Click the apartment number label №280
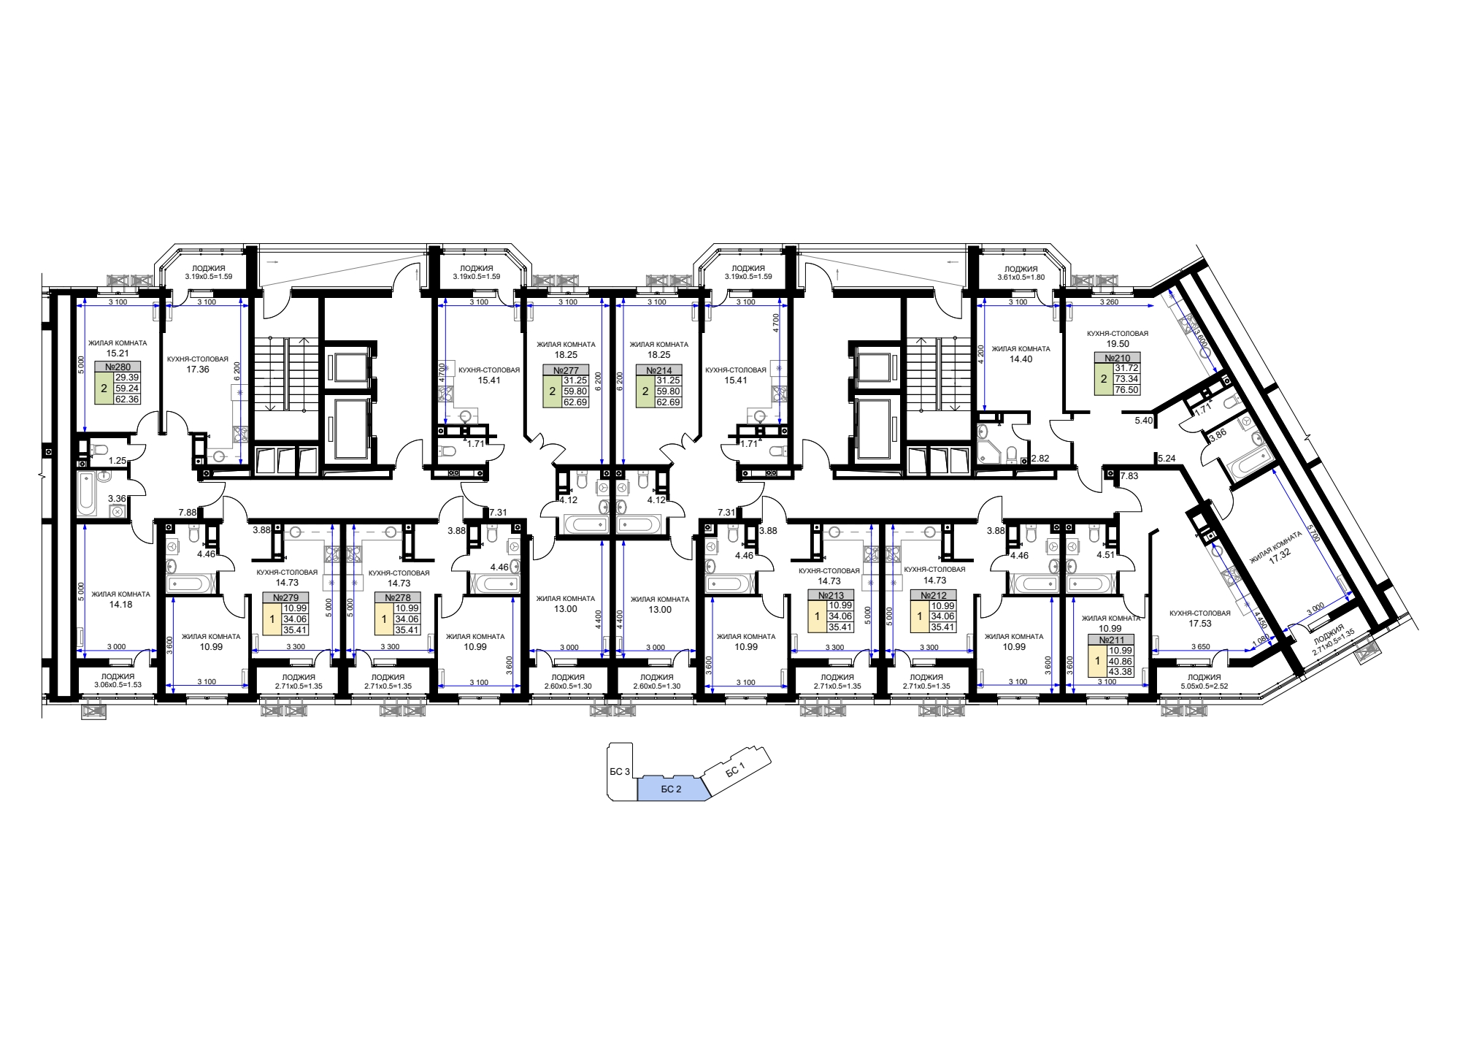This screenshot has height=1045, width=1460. coord(118,367)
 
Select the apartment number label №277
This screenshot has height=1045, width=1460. coord(566,370)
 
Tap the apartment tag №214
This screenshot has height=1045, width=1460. coord(659,370)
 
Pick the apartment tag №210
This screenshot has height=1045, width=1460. coord(1117,358)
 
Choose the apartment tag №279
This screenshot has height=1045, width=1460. coord(285,597)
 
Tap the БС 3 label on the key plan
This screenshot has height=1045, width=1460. coord(620,772)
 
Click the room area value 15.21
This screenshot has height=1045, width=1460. coord(118,353)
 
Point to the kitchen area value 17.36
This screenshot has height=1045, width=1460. coord(198,370)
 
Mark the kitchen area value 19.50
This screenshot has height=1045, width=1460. coord(1118,344)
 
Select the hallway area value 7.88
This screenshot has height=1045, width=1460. coord(188,513)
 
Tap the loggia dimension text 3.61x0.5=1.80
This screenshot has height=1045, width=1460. coord(1021,277)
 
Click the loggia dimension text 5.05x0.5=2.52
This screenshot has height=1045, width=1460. coord(1204,686)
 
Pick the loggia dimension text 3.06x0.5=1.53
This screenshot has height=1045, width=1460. coord(118,685)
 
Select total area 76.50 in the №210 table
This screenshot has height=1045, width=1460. coord(1127,390)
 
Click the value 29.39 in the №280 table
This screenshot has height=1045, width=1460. coord(127,378)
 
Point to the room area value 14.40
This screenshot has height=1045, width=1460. coord(1021,359)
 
